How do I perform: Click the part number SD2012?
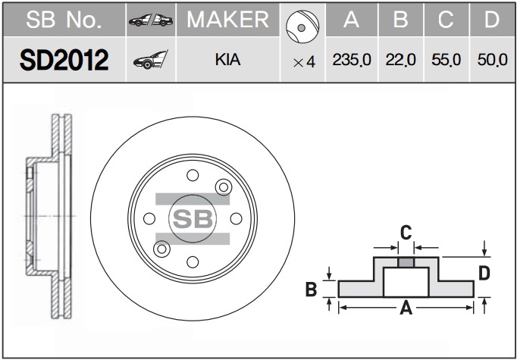(x=64, y=60)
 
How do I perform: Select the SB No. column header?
(x=64, y=20)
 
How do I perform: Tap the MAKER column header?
(x=228, y=20)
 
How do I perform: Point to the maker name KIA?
(x=227, y=60)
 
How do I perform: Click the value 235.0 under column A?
(x=352, y=60)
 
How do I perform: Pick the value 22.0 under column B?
(x=400, y=60)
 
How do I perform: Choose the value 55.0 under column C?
(x=446, y=60)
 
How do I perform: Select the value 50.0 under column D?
(x=492, y=60)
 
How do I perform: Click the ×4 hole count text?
(x=304, y=62)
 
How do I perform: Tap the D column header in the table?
(x=492, y=20)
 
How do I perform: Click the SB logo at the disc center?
(x=193, y=218)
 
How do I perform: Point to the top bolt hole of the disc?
(x=193, y=175)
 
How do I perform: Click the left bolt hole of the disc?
(x=149, y=218)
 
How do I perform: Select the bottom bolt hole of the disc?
(x=193, y=262)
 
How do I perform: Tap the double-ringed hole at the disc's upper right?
(x=224, y=187)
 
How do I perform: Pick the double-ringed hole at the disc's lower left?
(x=161, y=249)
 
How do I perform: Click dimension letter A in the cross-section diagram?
(x=406, y=309)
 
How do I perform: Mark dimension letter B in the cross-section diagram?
(x=312, y=289)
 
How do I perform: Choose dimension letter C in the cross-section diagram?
(x=406, y=233)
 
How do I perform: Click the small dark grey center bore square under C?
(x=406, y=263)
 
